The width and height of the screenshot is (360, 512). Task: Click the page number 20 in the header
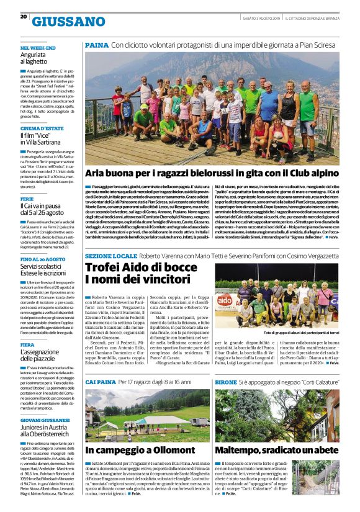[24, 17]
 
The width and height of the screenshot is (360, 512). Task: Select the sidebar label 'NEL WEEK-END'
[38, 48]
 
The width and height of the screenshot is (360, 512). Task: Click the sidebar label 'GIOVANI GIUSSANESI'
[46, 420]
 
